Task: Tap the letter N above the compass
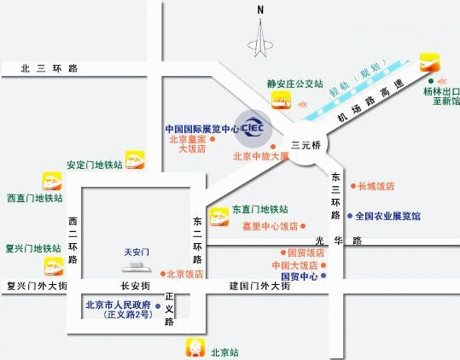pos(261,9)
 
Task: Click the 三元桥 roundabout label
pos(306,146)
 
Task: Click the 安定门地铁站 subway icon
pos(134,160)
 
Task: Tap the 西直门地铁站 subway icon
pos(52,182)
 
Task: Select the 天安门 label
pos(137,253)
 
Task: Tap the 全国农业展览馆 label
pos(387,217)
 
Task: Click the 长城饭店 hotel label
pos(376,186)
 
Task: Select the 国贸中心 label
pos(299,276)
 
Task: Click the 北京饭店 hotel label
pos(185,274)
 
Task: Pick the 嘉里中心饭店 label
pos(270,226)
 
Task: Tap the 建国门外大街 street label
pos(260,287)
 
